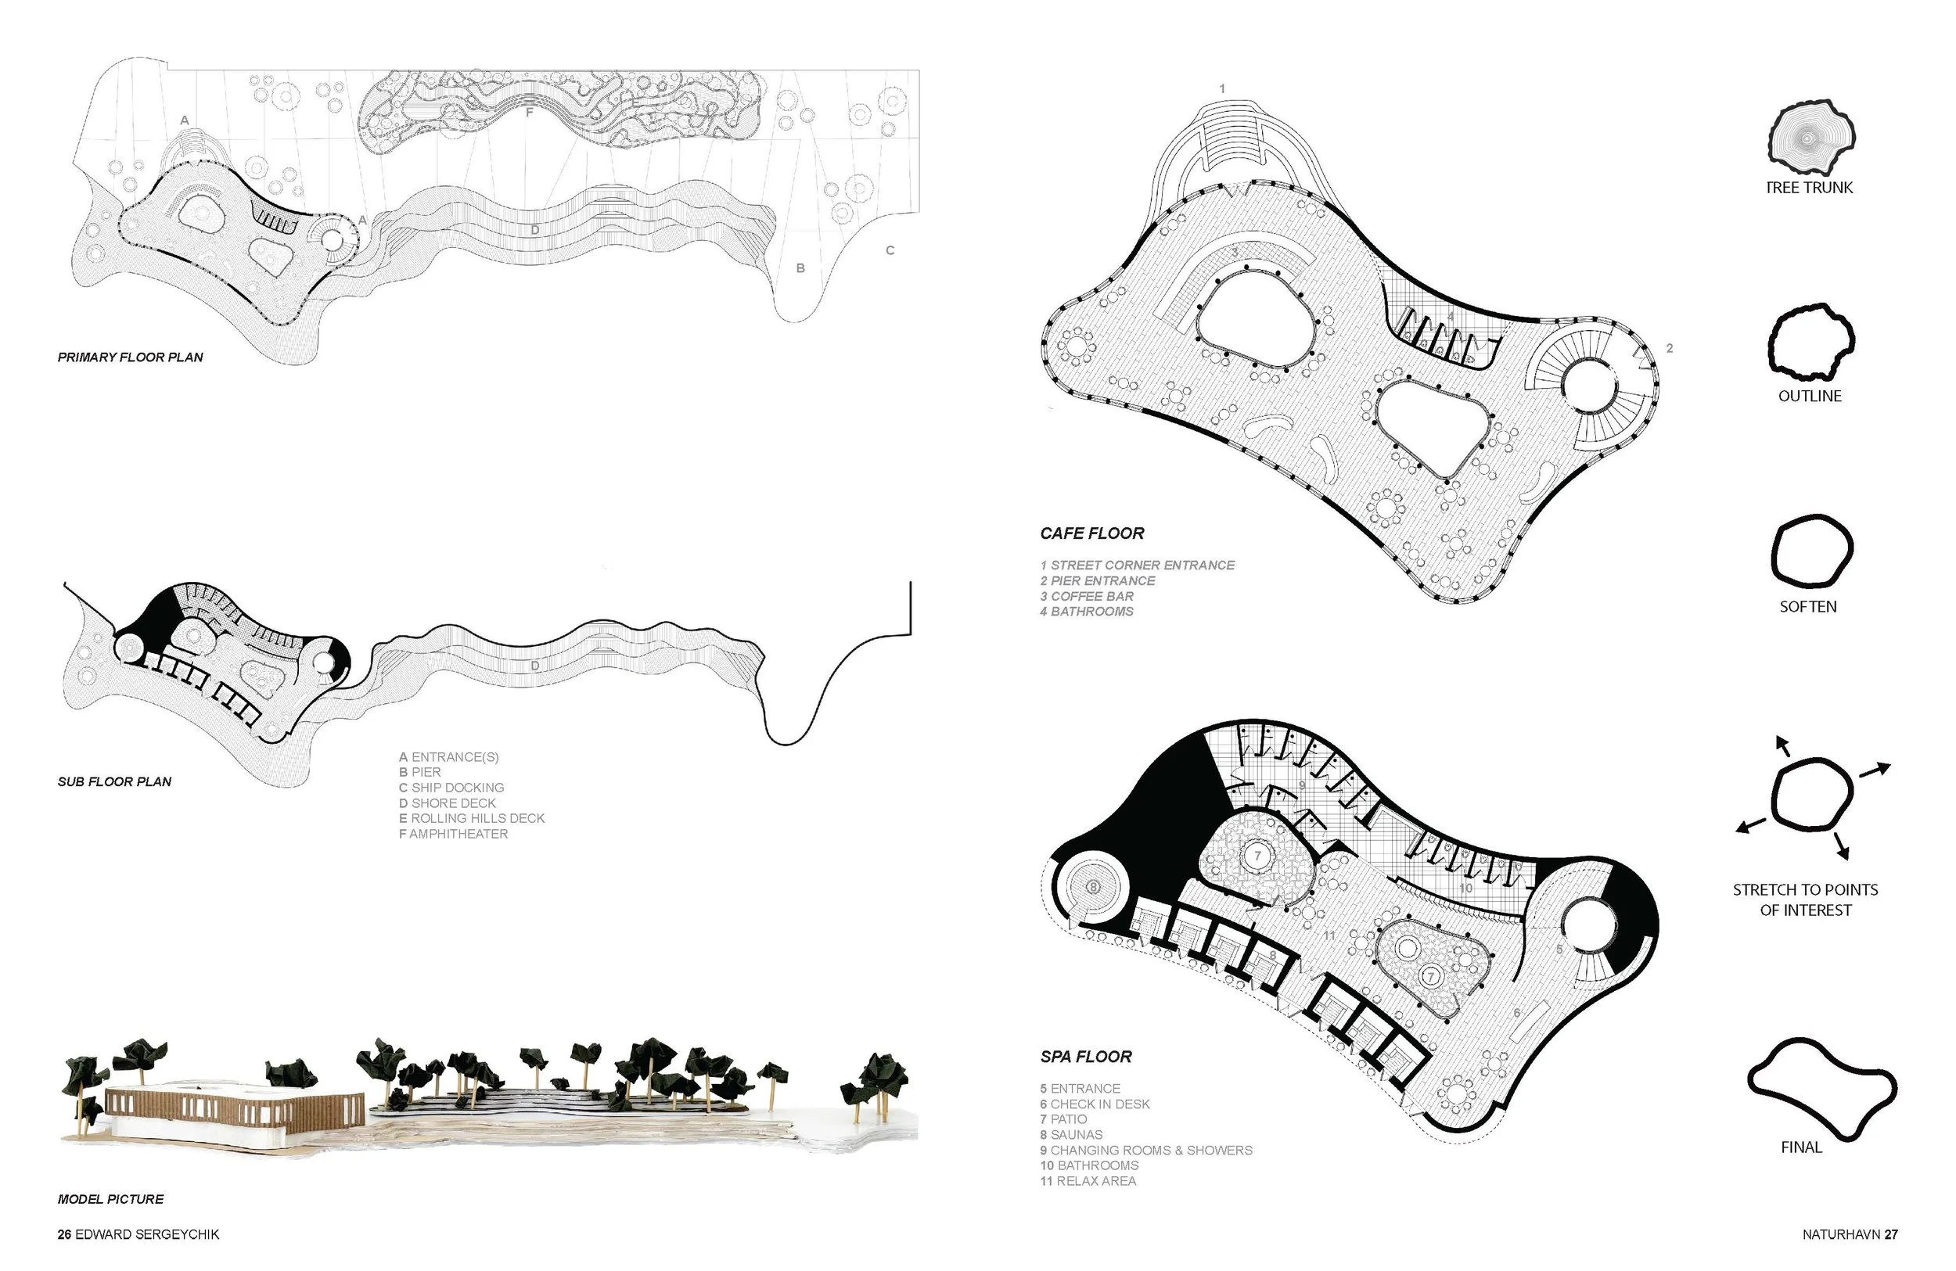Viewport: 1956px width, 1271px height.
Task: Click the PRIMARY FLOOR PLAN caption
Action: tap(130, 357)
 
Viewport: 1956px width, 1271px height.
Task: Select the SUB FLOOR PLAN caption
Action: tap(114, 782)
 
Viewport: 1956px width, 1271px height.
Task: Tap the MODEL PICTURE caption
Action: tap(110, 1200)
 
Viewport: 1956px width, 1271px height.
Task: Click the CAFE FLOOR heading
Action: tap(1091, 534)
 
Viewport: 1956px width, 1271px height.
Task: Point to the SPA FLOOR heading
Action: tap(1086, 1057)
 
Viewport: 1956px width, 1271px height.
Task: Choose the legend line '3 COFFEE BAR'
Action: tap(1087, 597)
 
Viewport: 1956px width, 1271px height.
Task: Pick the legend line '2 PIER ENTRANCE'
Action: tap(1097, 581)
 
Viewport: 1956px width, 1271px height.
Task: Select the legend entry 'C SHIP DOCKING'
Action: tap(451, 788)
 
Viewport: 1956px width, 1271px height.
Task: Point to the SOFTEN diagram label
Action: tap(1807, 607)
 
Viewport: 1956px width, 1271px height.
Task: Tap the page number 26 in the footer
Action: tap(64, 1235)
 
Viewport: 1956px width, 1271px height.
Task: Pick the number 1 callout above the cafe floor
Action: tap(1222, 88)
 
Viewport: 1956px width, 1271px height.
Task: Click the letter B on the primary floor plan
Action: tap(800, 268)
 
